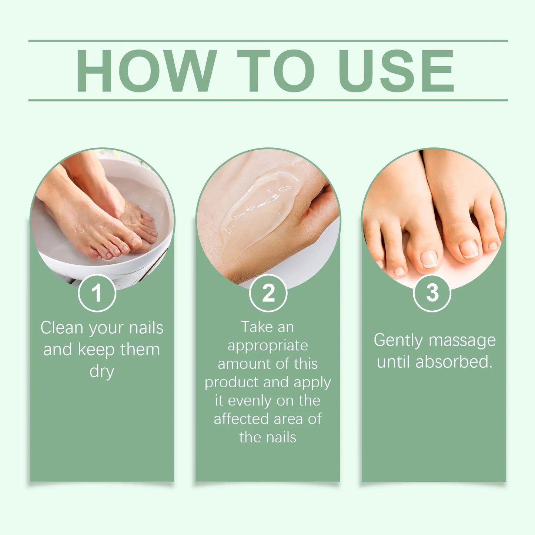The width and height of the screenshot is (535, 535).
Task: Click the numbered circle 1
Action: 97,293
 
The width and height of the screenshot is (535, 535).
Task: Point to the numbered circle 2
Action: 268,293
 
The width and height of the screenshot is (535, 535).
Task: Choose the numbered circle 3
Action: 432,293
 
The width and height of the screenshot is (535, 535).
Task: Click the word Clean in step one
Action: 61,328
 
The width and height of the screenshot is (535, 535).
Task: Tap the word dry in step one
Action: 102,371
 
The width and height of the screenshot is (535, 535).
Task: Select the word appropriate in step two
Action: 268,346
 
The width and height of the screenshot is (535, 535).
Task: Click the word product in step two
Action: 231,382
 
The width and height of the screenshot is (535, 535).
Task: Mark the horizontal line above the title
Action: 268,41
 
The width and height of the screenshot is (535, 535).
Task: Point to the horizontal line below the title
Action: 268,100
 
